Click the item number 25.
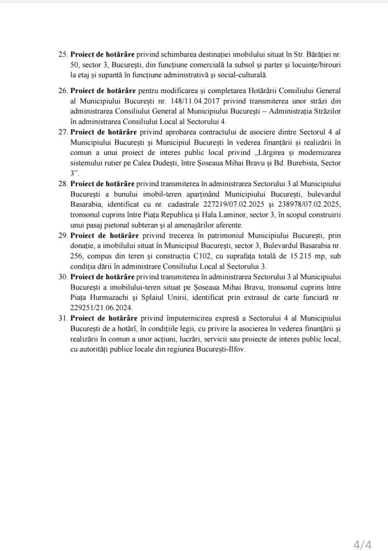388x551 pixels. coord(62,55)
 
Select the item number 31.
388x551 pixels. coord(62,319)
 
